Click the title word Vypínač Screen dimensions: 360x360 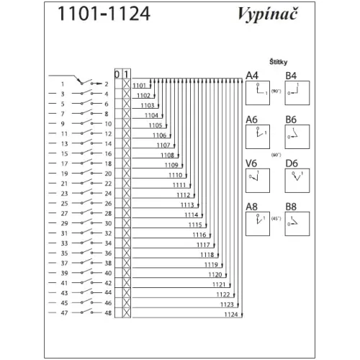tap(267, 14)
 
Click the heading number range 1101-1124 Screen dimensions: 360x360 tap(104, 14)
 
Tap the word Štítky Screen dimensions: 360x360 tap(278, 62)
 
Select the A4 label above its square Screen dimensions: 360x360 tap(252, 76)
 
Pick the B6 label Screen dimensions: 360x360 tap(291, 120)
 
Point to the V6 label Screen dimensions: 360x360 tap(251, 163)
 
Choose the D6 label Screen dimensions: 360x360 tap(292, 163)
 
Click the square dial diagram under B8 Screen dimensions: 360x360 tap(297, 224)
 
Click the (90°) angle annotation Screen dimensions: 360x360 tap(276, 91)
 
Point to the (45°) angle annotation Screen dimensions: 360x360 tap(276, 219)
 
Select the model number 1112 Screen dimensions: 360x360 tap(184, 195)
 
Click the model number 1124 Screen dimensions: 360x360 tap(231, 315)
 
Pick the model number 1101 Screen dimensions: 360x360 tap(140, 86)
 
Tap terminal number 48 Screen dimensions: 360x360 tap(108, 313)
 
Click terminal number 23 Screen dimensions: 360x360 tap(64, 194)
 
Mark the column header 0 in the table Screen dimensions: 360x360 tap(117, 74)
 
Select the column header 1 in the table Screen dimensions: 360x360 tap(126, 74)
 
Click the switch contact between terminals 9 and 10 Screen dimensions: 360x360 tap(86, 122)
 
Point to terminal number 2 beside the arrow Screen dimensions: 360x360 tap(107, 84)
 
